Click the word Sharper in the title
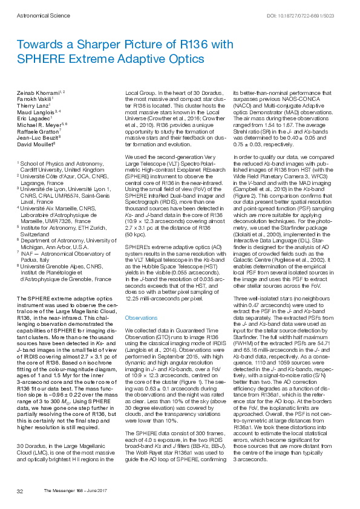pos(87,45)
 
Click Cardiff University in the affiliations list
pos(42,170)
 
